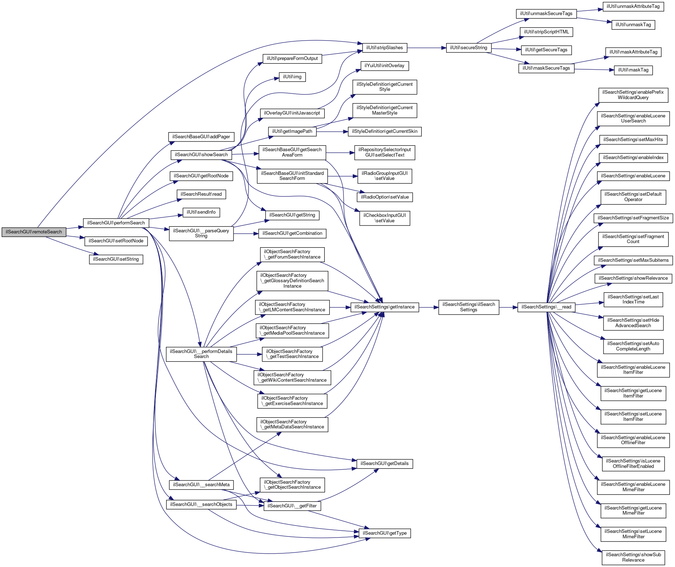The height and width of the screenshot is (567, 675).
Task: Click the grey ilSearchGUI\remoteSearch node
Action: pos(34,232)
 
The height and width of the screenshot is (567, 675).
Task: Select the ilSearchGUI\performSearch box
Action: pos(116,223)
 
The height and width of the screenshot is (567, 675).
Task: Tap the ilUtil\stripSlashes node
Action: pos(384,48)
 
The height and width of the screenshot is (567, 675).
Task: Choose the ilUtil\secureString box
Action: pos(468,48)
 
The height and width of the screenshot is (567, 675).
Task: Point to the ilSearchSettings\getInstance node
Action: pos(384,307)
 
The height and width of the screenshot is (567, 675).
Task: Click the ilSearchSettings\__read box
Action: pos(546,307)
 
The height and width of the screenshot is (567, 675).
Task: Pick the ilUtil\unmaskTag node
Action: pos(633,25)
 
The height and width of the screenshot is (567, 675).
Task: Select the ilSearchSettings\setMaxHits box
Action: pos(633,140)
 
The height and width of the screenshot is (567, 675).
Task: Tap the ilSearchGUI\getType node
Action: pos(384,533)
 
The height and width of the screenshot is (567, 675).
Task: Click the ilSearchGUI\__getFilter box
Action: pos(292,506)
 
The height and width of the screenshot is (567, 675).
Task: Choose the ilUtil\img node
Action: pos(292,77)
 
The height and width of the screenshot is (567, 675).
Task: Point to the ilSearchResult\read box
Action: pos(201,194)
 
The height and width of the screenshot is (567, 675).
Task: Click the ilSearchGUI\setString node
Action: pos(116,259)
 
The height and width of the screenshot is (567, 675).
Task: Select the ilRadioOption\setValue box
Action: pos(384,197)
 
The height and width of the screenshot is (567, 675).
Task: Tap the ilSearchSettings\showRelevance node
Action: pos(633,278)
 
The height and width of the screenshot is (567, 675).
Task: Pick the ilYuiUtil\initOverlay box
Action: pos(384,66)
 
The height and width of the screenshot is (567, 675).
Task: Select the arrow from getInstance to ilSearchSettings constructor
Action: pos(428,307)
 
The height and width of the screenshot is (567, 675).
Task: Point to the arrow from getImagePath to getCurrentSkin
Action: pos(332,132)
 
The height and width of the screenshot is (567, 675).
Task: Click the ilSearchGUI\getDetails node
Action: pos(384,464)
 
